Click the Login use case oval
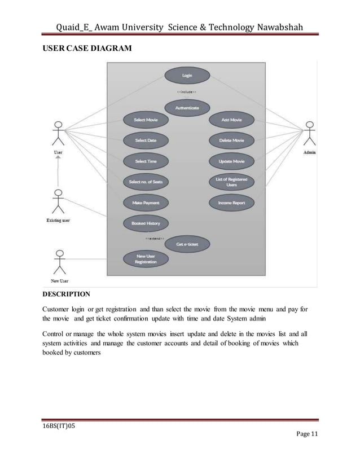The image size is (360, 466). point(187,75)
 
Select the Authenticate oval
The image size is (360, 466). point(187,107)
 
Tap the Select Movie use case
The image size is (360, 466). point(146,120)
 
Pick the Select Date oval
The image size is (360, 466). point(146,140)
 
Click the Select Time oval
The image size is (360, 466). point(146,161)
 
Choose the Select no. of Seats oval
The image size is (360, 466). point(146,182)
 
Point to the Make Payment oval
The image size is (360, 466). point(146,203)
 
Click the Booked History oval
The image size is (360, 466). point(146,223)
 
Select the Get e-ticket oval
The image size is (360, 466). point(187,244)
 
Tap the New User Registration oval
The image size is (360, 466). point(146,260)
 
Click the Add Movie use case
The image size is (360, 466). point(232,120)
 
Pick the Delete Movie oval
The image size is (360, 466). point(232,140)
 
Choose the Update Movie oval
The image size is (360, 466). point(232,161)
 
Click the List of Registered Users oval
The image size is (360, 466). point(232,182)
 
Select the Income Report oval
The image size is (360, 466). point(232,203)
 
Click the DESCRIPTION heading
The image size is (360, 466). point(67,294)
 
